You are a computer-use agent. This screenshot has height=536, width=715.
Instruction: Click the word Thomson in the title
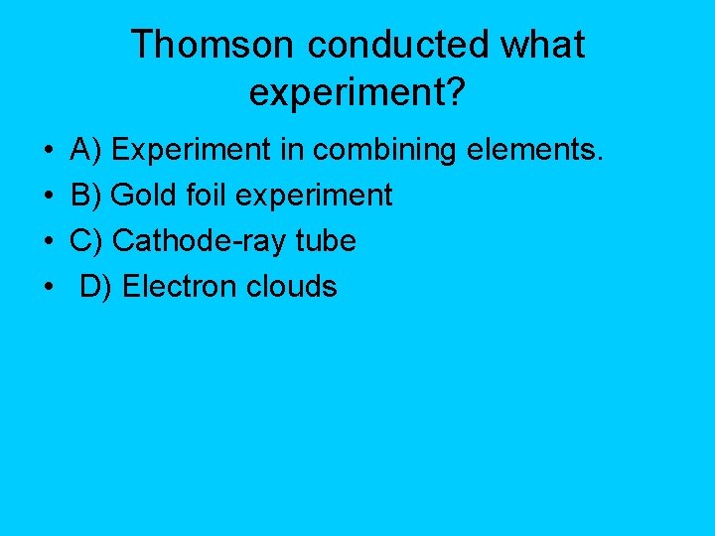click(x=213, y=45)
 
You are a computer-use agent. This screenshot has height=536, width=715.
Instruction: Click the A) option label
click(x=86, y=150)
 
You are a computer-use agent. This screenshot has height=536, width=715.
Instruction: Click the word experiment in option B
click(x=313, y=197)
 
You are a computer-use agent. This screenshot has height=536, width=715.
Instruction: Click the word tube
click(x=323, y=241)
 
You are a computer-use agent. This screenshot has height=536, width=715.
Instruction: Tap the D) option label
click(x=96, y=287)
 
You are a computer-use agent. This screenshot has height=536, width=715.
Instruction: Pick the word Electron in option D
click(x=180, y=287)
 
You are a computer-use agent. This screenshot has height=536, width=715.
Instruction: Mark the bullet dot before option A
click(x=49, y=152)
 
